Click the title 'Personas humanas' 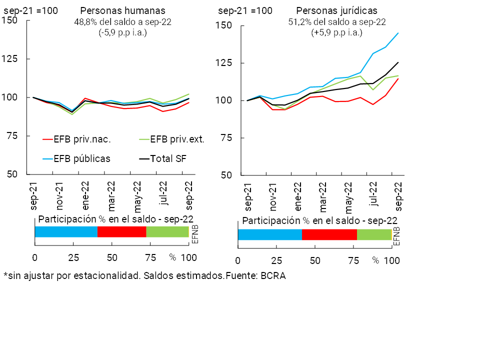(122, 10)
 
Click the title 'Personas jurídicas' (336, 10)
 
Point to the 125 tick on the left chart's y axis (9, 58)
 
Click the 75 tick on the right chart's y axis (227, 138)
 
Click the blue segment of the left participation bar (66, 231)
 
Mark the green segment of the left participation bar (167, 231)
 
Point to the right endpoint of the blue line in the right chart (398, 33)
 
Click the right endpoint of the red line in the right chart (398, 78)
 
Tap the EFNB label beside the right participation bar (396, 235)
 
